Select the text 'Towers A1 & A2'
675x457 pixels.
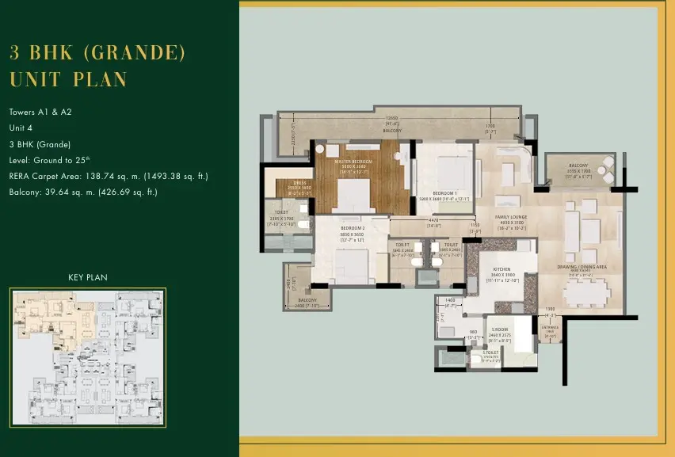coord(40,112)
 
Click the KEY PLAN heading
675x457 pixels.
coord(88,277)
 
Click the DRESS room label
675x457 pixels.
coord(299,182)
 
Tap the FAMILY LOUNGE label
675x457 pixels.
coord(510,216)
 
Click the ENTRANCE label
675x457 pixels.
coord(551,326)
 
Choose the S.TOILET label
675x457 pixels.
coord(491,352)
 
